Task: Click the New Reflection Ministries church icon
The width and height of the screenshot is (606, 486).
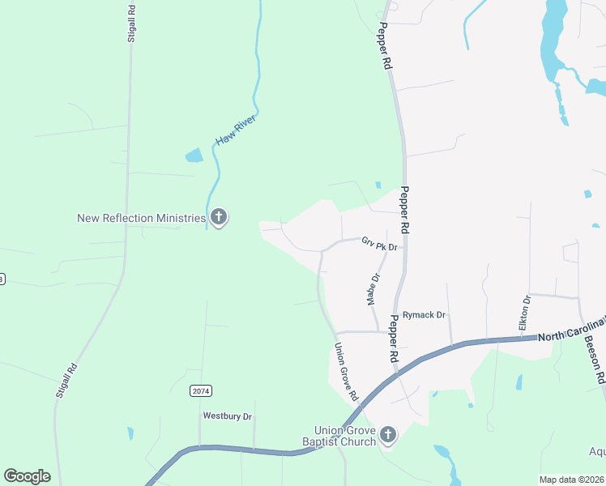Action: (218, 217)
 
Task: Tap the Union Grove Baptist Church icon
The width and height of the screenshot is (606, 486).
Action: (388, 436)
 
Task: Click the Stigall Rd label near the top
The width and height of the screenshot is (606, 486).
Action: (131, 23)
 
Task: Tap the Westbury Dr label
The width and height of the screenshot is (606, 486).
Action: (228, 416)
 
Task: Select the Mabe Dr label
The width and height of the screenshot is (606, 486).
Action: (373, 289)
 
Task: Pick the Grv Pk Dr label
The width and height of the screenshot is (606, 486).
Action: (381, 244)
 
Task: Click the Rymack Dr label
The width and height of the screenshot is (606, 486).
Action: (425, 314)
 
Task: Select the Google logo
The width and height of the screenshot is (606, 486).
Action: (27, 475)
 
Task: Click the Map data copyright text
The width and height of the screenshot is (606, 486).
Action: (571, 480)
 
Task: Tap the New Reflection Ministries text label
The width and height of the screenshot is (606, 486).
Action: (141, 218)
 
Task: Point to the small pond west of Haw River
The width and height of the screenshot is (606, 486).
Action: (194, 155)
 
